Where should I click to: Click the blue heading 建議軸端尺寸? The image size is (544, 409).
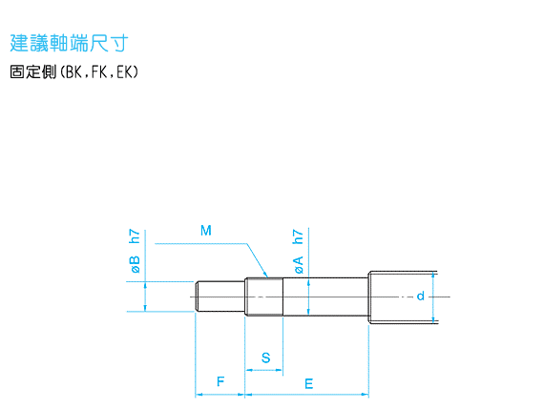pyautogui.click(x=69, y=43)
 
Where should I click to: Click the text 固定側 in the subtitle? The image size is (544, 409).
pyautogui.click(x=33, y=72)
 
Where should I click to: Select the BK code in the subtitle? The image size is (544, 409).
pyautogui.click(x=73, y=72)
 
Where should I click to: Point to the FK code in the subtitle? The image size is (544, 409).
pyautogui.click(x=99, y=72)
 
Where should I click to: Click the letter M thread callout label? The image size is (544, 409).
pyautogui.click(x=206, y=231)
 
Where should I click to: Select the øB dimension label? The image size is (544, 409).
pyautogui.click(x=136, y=264)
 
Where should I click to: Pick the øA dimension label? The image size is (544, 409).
pyautogui.click(x=299, y=265)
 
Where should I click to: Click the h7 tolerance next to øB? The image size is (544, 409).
pyautogui.click(x=135, y=236)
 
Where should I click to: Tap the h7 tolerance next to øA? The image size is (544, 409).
pyautogui.click(x=298, y=236)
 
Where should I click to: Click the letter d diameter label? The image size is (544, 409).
pyautogui.click(x=421, y=296)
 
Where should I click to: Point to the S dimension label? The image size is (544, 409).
pyautogui.click(x=265, y=358)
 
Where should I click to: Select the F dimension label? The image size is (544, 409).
pyautogui.click(x=220, y=381)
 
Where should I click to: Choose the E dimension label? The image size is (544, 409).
pyautogui.click(x=309, y=384)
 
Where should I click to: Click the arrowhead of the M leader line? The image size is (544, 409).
pyautogui.click(x=266, y=275)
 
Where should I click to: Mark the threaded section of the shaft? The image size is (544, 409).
pyautogui.click(x=264, y=297)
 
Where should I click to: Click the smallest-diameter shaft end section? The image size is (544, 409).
pyautogui.click(x=220, y=297)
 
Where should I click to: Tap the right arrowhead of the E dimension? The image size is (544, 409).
pyautogui.click(x=365, y=395)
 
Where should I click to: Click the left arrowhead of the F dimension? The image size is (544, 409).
pyautogui.click(x=199, y=395)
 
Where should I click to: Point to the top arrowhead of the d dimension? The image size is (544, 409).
pyautogui.click(x=432, y=276)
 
